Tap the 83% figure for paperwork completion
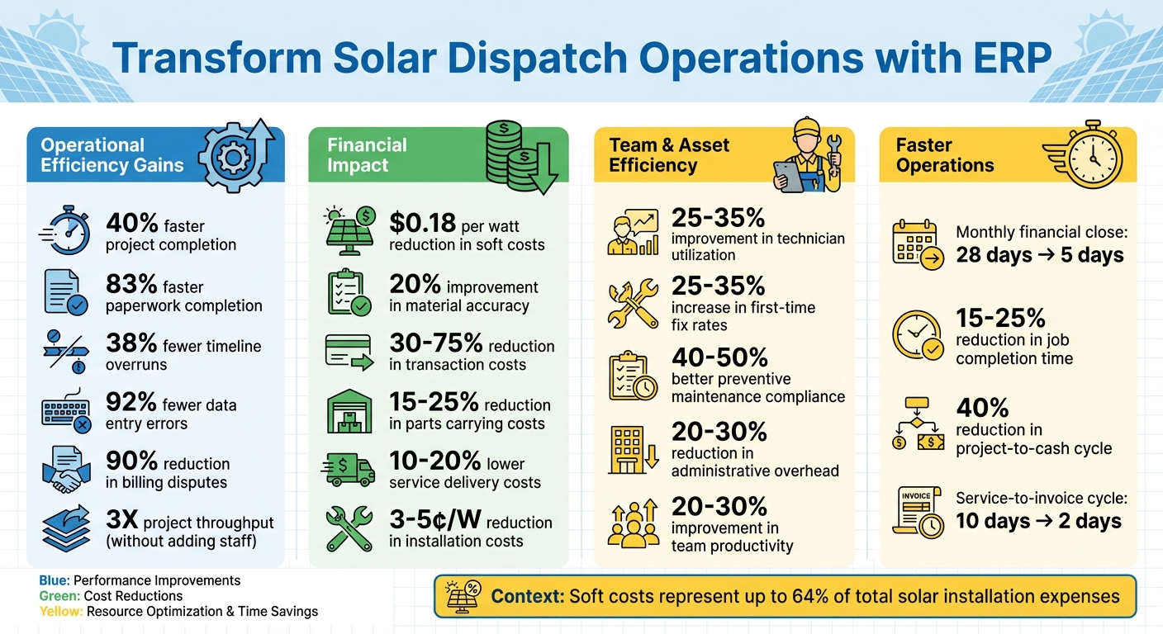click(x=131, y=285)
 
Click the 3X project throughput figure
click(x=122, y=521)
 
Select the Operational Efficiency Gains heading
click(x=112, y=155)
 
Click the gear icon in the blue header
click(x=233, y=156)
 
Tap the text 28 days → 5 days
click(x=1039, y=255)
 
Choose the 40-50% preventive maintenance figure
click(x=719, y=357)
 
